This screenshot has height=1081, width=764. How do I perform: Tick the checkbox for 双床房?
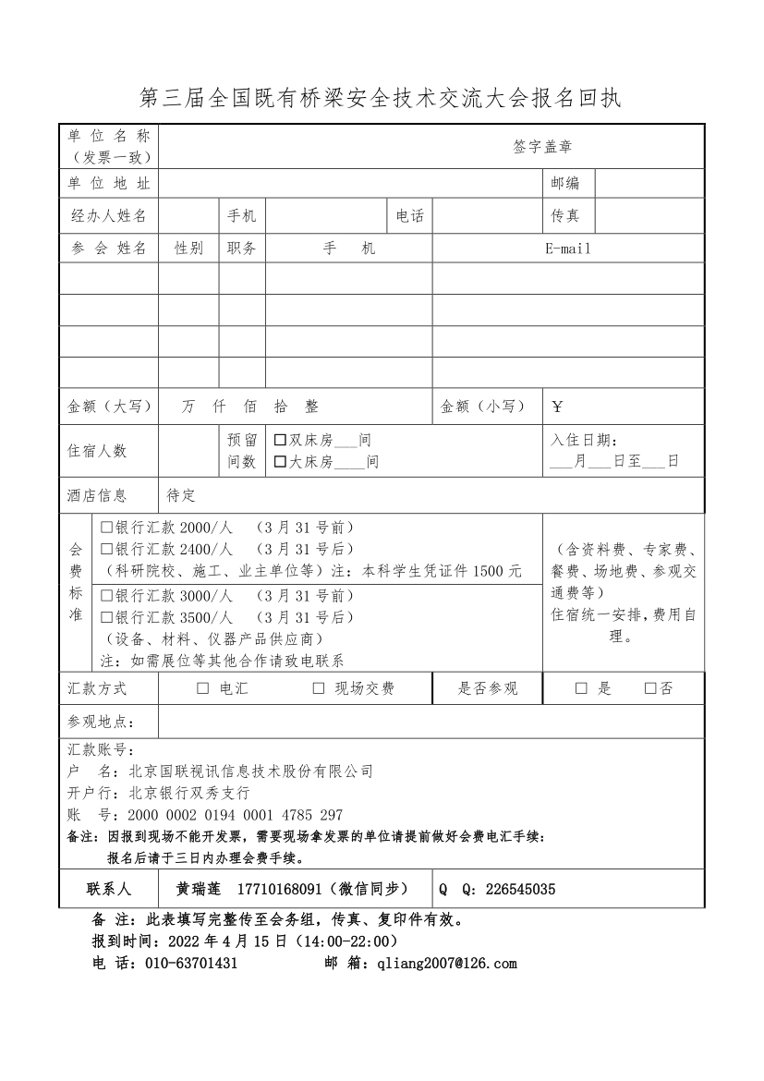click(280, 441)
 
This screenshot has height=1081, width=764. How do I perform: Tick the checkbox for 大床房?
click(280, 462)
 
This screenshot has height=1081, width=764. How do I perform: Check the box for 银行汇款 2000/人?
click(106, 528)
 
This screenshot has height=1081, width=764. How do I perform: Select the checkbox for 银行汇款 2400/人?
click(106, 549)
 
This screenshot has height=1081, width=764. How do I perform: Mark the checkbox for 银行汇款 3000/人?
click(106, 595)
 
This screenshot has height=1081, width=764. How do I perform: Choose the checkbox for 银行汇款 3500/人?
click(106, 616)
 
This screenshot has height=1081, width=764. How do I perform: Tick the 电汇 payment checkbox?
click(202, 688)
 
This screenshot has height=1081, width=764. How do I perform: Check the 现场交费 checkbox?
click(319, 688)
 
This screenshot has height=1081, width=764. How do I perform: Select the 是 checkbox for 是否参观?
click(581, 688)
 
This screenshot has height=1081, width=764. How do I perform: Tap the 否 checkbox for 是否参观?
click(650, 688)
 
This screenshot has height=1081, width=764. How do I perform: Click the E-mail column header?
click(567, 249)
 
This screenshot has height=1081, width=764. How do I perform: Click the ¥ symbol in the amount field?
click(557, 407)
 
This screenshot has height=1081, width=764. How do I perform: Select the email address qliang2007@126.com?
click(442, 964)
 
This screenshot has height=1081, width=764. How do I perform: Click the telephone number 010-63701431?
click(191, 964)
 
